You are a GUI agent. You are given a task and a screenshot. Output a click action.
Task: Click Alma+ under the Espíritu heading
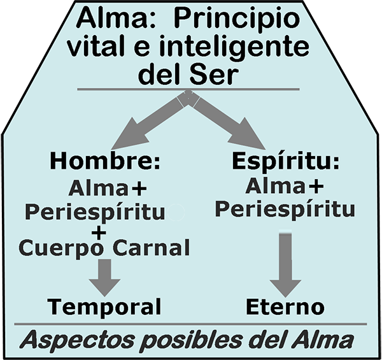[283, 187]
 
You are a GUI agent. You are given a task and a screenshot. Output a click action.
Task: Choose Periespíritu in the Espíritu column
[284, 208]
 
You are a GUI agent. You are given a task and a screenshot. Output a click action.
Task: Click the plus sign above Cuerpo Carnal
[99, 232]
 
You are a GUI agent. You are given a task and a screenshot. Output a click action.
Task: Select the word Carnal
[152, 247]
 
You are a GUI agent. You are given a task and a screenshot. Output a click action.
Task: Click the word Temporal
[104, 307]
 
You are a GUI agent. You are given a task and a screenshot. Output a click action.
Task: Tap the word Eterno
[285, 307]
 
